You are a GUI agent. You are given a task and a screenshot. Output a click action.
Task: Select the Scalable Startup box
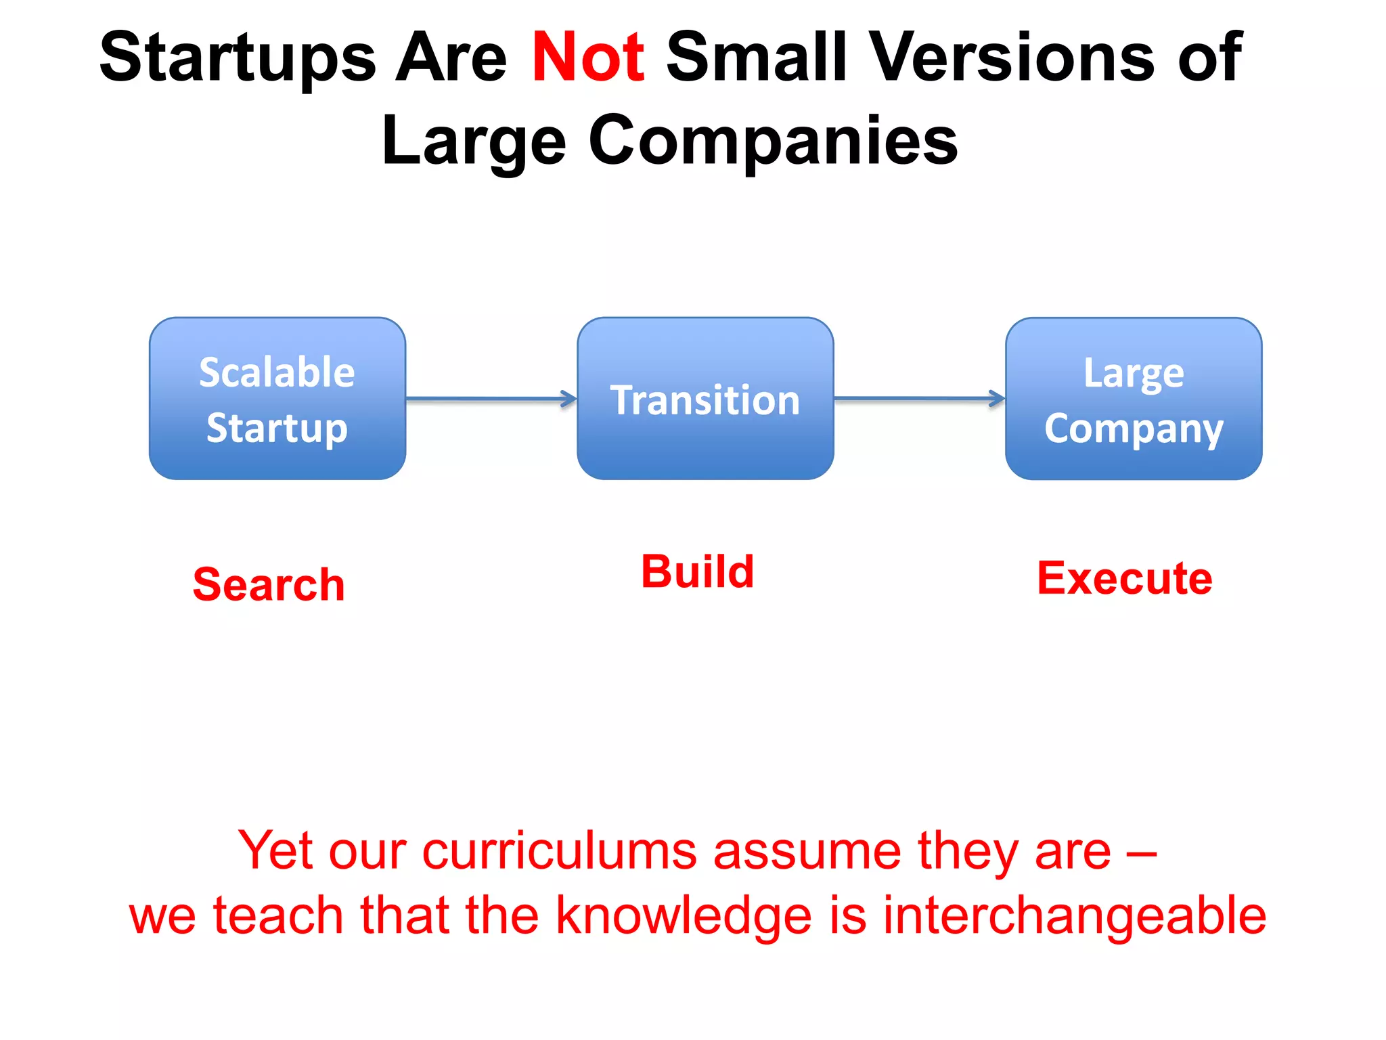pyautogui.click(x=277, y=399)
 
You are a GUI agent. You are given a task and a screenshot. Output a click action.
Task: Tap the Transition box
pyautogui.click(x=705, y=399)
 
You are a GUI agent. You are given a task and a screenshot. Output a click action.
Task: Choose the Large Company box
pyautogui.click(x=1134, y=399)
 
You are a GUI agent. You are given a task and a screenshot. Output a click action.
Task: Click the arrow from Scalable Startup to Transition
pyautogui.click(x=491, y=399)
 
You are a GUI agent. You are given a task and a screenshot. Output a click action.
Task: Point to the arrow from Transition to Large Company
pyautogui.click(x=919, y=399)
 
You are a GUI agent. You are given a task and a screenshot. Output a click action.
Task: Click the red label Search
pyautogui.click(x=269, y=584)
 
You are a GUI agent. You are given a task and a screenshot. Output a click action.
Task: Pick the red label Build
pyautogui.click(x=697, y=572)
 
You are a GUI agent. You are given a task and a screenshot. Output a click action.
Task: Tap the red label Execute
pyautogui.click(x=1124, y=579)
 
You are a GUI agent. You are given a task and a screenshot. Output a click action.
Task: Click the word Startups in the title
pyautogui.click(x=238, y=58)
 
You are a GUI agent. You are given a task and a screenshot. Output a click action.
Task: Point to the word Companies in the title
pyautogui.click(x=773, y=141)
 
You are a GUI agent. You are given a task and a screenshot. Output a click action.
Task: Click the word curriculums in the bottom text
pyautogui.click(x=559, y=850)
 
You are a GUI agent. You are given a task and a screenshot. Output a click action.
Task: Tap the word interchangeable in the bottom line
pyautogui.click(x=1074, y=916)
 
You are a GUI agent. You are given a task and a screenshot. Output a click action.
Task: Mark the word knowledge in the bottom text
pyautogui.click(x=684, y=916)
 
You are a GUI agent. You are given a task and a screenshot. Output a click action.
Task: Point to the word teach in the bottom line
pyautogui.click(x=278, y=916)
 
